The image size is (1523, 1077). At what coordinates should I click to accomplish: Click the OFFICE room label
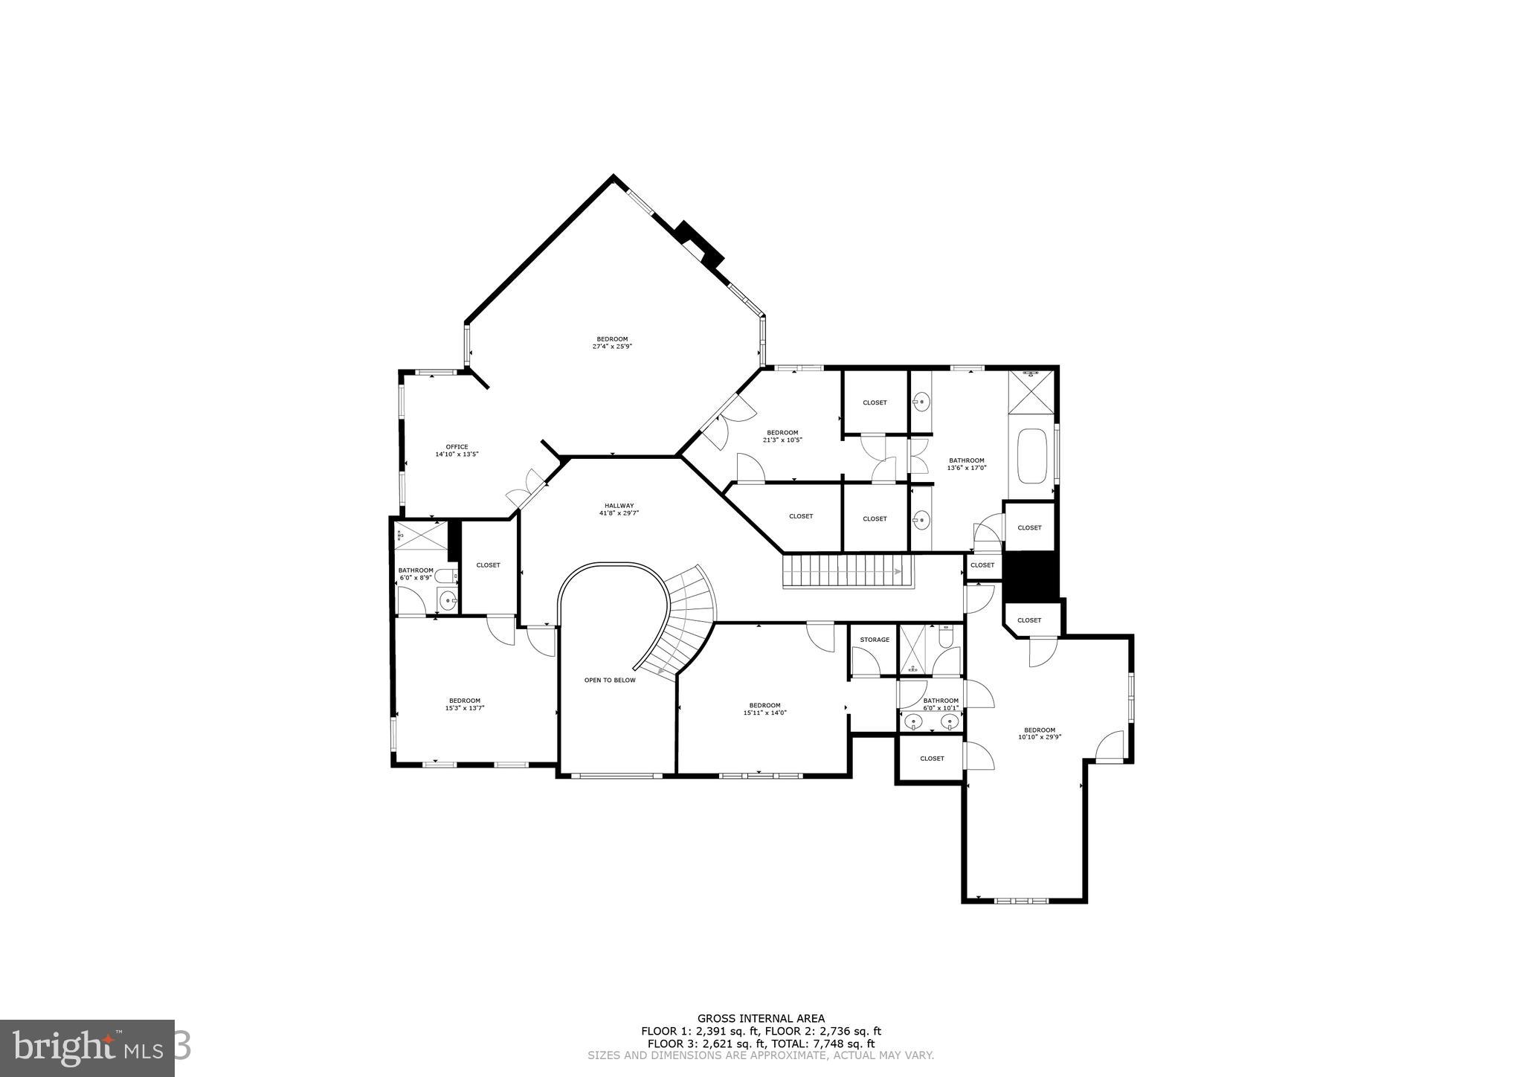(457, 446)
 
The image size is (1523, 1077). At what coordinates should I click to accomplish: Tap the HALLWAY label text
(619, 506)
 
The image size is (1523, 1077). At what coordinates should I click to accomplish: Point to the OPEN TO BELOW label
(610, 680)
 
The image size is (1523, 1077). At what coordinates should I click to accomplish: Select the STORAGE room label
(875, 640)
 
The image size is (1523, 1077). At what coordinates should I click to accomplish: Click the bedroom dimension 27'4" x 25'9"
(612, 347)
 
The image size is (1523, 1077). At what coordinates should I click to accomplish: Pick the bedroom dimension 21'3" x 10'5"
(782, 440)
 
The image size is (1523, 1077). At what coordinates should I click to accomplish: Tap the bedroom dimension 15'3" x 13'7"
(464, 708)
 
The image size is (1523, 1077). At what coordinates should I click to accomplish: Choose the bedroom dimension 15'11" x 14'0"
(764, 713)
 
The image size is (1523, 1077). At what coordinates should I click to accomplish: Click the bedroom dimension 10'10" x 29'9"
(1039, 738)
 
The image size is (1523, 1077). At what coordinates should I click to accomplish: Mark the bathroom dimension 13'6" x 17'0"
(966, 468)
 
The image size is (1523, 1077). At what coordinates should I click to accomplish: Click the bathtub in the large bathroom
(1031, 455)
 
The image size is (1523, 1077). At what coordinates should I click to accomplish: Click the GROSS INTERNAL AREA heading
(761, 1018)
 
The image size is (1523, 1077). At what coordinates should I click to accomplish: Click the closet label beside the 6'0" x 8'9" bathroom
(488, 565)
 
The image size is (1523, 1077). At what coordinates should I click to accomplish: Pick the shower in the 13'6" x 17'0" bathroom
(1031, 391)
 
